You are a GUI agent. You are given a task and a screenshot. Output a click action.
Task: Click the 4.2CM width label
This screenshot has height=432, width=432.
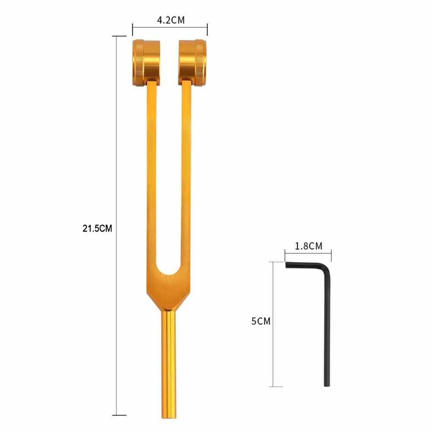click(x=171, y=20)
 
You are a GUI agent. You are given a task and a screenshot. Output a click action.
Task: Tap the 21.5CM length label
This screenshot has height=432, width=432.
click(x=97, y=229)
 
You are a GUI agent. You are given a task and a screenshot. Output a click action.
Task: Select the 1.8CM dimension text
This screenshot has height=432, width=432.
click(x=308, y=246)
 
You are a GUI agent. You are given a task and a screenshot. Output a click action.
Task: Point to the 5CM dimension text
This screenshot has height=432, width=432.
click(x=260, y=321)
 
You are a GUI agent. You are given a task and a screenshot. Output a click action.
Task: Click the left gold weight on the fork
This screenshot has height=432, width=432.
click(x=146, y=63)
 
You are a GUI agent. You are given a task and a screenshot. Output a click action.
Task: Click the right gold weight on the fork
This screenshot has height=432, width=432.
click(x=193, y=63)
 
